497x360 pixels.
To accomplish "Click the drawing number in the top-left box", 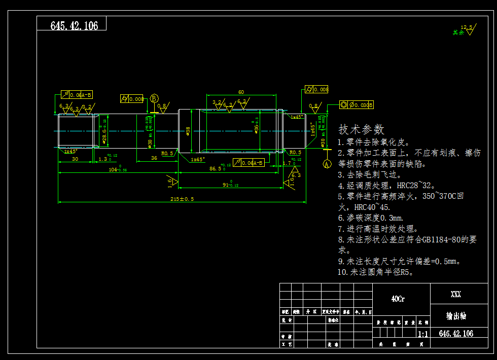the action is [x=74, y=25].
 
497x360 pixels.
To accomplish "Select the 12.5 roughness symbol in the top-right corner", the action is [x=466, y=29].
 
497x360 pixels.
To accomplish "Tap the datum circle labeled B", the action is [x=154, y=98].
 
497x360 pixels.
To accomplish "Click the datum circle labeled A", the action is [x=327, y=164].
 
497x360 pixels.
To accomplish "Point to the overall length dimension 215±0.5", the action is [x=182, y=199].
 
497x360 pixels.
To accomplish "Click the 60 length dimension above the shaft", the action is [x=241, y=92].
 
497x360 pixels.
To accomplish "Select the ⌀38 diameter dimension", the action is [x=188, y=131].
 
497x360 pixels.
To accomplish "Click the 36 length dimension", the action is [x=154, y=158].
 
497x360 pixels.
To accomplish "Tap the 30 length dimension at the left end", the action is [x=75, y=158].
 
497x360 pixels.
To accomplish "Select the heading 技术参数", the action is [x=361, y=129].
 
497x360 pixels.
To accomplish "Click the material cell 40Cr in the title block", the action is [x=398, y=299].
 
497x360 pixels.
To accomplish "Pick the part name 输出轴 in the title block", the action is [x=456, y=316].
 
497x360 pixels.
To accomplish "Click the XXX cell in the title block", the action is [x=456, y=294].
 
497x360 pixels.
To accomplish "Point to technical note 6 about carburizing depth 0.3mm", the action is [x=370, y=218].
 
